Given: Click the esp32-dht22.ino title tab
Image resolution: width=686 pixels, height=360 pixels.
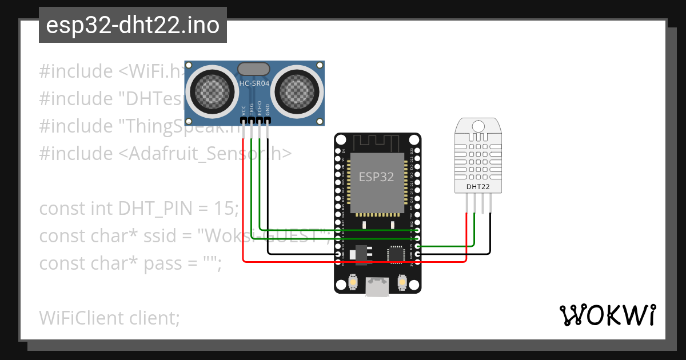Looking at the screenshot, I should coord(133,26).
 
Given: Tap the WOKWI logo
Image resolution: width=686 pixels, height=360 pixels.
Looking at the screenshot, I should coord(607,315).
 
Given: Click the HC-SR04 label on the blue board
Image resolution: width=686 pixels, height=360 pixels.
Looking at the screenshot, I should coord(254,83).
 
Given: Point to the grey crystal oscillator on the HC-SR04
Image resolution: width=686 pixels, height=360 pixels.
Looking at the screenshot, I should coord(254,69).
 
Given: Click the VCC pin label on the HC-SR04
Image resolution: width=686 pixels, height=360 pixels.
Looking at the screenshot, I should coord(244,110).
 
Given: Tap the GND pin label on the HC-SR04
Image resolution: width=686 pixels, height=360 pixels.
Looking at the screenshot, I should coord(268,110).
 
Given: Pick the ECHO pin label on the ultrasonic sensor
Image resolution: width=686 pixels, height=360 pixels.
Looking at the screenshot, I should coord(260,109).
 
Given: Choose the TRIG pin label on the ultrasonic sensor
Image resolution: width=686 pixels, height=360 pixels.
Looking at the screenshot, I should coord(252,109).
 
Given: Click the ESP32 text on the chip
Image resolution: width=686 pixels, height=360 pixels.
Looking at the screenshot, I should coord(376,177).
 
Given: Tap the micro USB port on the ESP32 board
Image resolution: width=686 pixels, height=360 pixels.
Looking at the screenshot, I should coord(377,287).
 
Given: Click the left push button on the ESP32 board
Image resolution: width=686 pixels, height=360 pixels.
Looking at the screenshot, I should coord(353,282).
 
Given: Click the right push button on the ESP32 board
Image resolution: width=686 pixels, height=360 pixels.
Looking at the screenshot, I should coord(402,282).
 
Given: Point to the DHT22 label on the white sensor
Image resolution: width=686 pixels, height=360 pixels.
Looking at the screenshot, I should coord(477,186).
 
